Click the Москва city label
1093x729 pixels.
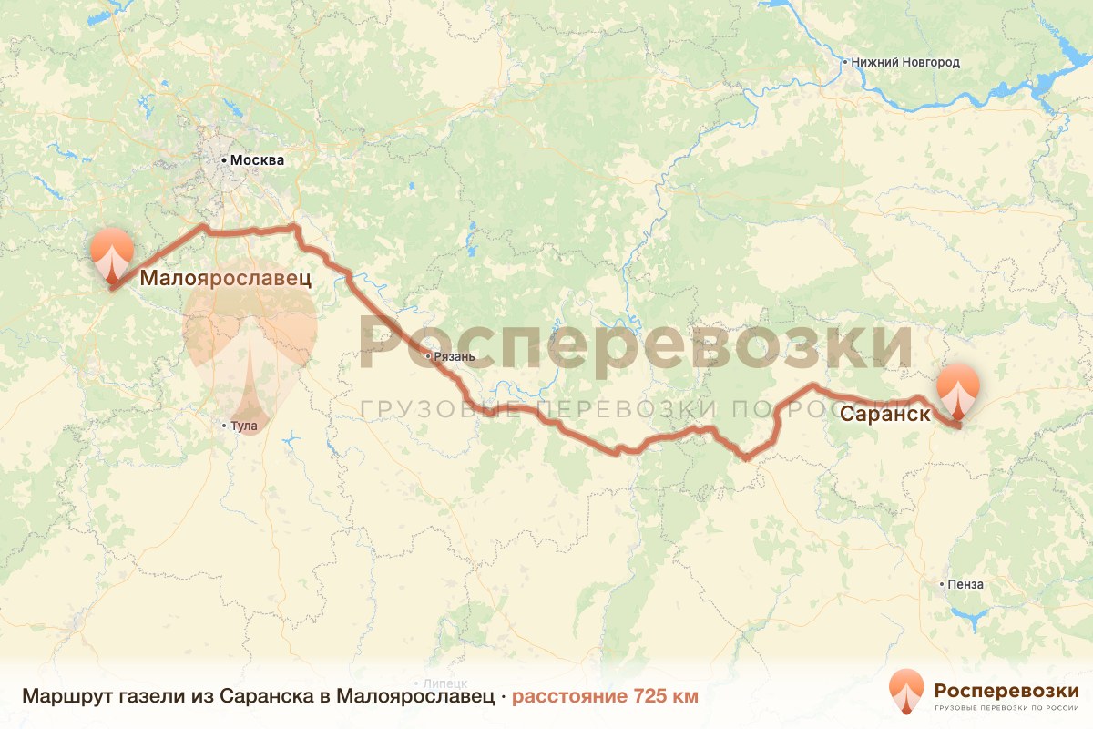pyautogui.click(x=257, y=160)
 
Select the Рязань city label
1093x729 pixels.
pyautogui.click(x=454, y=356)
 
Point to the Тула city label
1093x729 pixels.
pyautogui.click(x=244, y=426)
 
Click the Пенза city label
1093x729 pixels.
pyautogui.click(x=966, y=584)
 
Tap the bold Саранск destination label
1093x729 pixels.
pyautogui.click(x=884, y=414)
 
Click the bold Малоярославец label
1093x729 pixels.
pyautogui.click(x=225, y=278)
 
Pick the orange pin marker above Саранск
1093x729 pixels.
pyautogui.click(x=958, y=390)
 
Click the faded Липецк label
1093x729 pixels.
pyautogui.click(x=446, y=683)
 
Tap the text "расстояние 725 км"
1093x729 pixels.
pyautogui.click(x=605, y=697)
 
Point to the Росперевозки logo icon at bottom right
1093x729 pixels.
pyautogui.click(x=906, y=692)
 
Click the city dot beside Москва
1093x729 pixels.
pyautogui.click(x=224, y=160)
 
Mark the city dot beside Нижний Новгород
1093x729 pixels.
pyautogui.click(x=844, y=63)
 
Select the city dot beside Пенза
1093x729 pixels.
pyautogui.click(x=942, y=584)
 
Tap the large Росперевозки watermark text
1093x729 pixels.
pyautogui.click(x=636, y=343)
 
